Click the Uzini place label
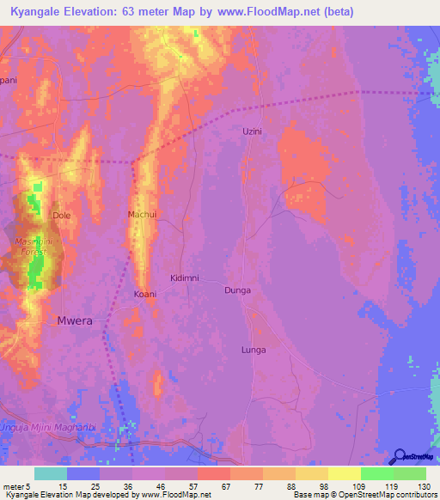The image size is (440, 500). coord(251,131)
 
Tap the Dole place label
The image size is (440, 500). coord(61,215)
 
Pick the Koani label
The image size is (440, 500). coord(144,294)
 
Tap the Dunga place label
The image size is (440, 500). coord(237,290)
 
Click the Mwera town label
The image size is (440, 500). coord(74,320)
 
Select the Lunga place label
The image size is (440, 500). coord(253,350)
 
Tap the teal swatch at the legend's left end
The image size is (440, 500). coord(50,473)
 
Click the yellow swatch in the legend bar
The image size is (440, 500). coord(344,473)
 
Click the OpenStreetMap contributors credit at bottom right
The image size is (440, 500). coord(387,495)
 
